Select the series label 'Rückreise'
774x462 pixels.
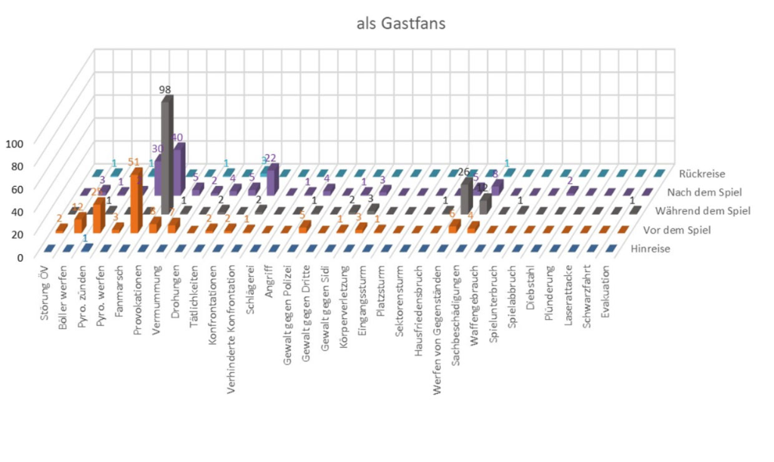click(x=702, y=174)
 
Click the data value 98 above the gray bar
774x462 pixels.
click(x=165, y=89)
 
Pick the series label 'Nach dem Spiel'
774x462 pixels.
click(x=704, y=193)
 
